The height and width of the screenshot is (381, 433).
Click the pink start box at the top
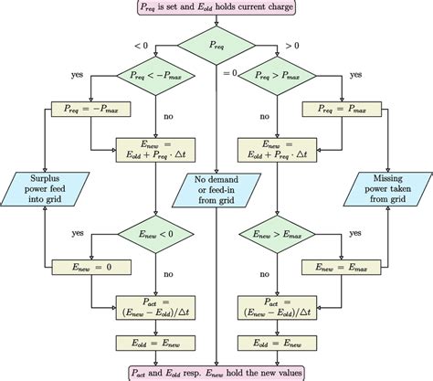pyautogui.click(x=216, y=11)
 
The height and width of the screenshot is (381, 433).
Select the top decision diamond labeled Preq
pyautogui.click(x=216, y=44)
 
